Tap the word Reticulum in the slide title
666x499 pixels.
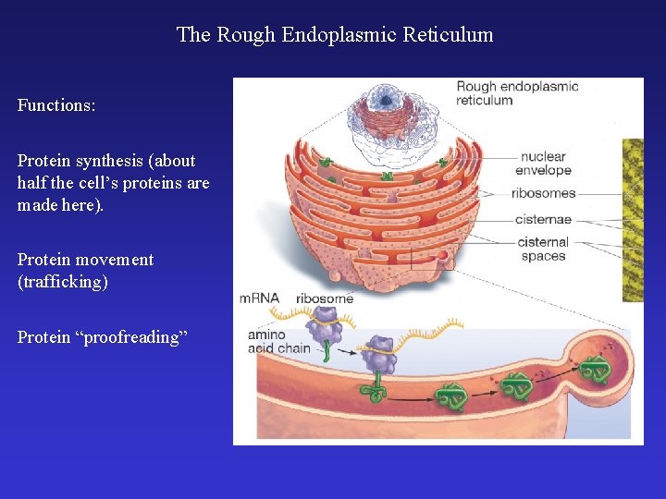point(451,35)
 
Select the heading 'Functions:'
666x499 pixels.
point(56,105)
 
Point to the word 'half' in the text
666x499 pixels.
point(32,182)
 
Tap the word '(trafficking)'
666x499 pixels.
point(63,282)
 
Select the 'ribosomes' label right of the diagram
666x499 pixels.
point(543,194)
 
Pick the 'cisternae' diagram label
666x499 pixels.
point(544,220)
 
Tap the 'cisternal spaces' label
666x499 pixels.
point(544,249)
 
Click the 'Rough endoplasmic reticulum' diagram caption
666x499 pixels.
point(516,93)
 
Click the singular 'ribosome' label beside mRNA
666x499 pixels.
point(324,298)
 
